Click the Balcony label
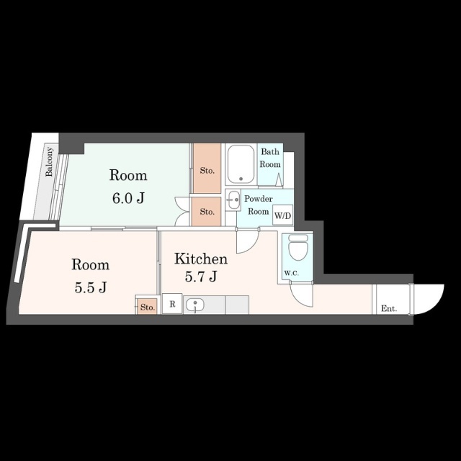point(49,161)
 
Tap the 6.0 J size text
point(128,198)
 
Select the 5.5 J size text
point(90,287)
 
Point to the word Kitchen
point(201,259)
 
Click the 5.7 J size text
point(201,276)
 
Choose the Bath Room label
point(270,158)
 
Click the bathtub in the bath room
point(241,164)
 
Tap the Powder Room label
point(258,205)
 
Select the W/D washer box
point(282,215)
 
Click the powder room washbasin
point(234,200)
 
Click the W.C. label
point(291,273)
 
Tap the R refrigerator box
point(172,304)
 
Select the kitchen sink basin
point(194,305)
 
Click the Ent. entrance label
point(389,308)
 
